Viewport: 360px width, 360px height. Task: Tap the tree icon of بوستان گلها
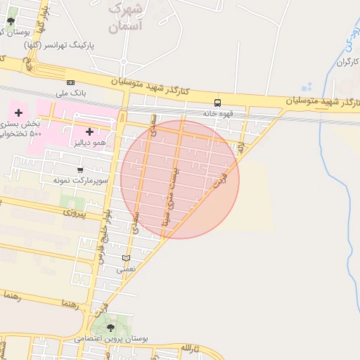coord(11,20)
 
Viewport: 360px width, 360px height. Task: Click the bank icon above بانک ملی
coord(70,82)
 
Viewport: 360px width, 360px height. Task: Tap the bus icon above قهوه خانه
coord(217,103)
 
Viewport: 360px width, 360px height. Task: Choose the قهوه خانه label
coord(218,113)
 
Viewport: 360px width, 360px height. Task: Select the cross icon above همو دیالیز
coord(89,131)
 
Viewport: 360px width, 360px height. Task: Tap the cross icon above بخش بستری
coord(18,113)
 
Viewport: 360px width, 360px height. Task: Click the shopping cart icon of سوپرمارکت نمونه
coord(80,169)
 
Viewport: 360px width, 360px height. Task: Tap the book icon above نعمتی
coord(126,258)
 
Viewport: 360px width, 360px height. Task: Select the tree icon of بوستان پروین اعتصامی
coord(110,328)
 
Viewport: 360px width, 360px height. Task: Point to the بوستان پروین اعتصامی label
coord(112,339)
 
